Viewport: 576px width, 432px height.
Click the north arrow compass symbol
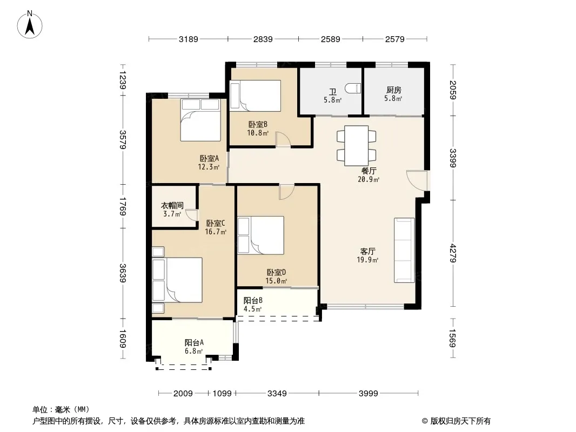coord(30,25)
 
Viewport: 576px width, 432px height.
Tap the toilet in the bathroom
coord(353,89)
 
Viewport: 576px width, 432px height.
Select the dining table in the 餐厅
coord(356,146)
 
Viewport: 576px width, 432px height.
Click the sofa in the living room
coord(404,251)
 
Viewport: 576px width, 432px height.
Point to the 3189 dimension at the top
coord(188,39)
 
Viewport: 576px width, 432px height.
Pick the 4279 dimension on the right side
coord(453,253)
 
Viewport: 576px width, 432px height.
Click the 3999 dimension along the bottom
coord(368,394)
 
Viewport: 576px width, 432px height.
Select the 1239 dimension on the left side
coord(123,79)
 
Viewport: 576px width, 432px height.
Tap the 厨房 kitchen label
coord(393,90)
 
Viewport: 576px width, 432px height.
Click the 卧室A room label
coord(209,159)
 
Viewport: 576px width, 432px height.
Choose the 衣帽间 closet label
coord(172,206)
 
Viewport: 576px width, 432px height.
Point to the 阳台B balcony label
coord(253,301)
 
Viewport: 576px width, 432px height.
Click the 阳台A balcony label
coord(194,343)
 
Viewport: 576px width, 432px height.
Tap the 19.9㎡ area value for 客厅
coord(367,260)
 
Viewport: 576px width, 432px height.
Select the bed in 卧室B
coord(255,96)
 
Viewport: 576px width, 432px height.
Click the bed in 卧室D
coord(261,235)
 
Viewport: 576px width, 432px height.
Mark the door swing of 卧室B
coord(283,139)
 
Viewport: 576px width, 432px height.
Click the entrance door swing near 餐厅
coord(417,180)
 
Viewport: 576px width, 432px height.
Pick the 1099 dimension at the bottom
coord(222,394)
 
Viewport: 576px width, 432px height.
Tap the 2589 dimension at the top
coord(330,39)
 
